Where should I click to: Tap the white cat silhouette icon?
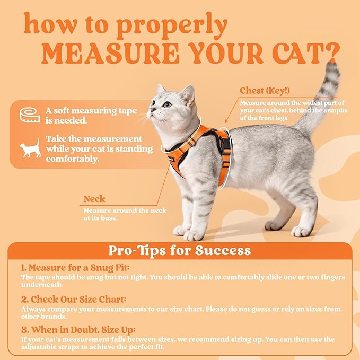coord(31,148)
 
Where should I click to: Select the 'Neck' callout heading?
coord(94,199)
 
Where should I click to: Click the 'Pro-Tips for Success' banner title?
coord(179,250)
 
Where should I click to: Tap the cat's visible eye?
coord(167,104)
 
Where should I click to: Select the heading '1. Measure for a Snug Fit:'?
coord(75,268)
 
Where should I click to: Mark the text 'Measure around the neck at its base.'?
coord(125,214)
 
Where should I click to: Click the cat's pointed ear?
coord(187,94)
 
